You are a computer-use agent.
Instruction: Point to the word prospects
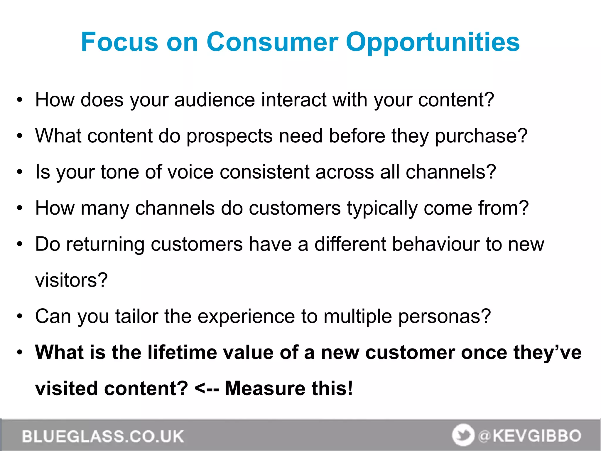pyautogui.click(x=229, y=136)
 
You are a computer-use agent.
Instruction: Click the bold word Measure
pyautogui.click(x=265, y=388)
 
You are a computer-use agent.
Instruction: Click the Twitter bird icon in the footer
pyautogui.click(x=463, y=435)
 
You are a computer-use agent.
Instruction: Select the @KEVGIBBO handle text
pyautogui.click(x=530, y=436)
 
